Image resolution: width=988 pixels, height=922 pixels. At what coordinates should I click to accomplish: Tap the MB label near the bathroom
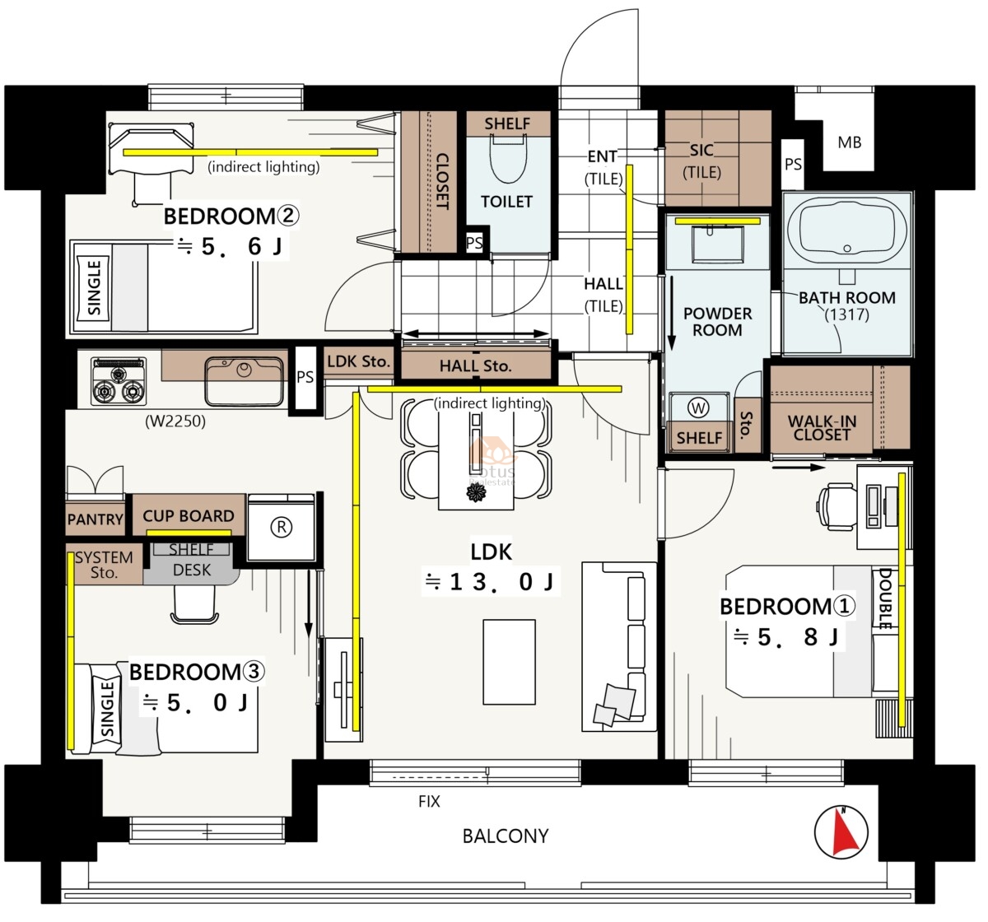point(849,142)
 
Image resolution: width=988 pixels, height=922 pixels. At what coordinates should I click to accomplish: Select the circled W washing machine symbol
point(698,408)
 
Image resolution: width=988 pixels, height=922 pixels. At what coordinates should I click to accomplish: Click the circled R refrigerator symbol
point(281,527)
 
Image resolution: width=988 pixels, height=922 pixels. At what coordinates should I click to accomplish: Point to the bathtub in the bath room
point(846,229)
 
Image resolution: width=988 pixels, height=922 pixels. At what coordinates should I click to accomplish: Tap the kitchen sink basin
point(244,380)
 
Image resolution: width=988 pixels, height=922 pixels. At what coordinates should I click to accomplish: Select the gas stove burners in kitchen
point(119,381)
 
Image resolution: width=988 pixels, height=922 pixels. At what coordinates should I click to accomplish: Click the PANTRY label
point(95,519)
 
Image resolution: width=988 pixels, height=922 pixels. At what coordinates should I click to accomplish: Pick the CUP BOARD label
point(188,516)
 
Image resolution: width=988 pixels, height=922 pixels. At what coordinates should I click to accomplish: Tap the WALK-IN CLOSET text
point(822,428)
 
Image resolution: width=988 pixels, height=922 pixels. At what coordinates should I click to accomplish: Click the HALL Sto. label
point(475,366)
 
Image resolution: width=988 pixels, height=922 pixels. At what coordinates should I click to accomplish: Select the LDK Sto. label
point(357,361)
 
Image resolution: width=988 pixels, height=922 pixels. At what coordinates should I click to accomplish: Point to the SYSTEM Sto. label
point(104,565)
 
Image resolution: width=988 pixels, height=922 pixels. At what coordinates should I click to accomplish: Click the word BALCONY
point(506,836)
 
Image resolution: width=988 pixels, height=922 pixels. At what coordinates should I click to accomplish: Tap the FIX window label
point(429,802)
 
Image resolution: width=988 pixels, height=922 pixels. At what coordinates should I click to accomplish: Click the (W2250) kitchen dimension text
point(175,421)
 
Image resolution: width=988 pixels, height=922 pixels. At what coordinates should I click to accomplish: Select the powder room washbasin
point(718,244)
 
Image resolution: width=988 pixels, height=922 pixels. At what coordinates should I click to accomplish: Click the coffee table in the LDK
point(509,662)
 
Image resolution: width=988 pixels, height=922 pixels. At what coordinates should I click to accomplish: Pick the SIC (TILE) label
point(701,161)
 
